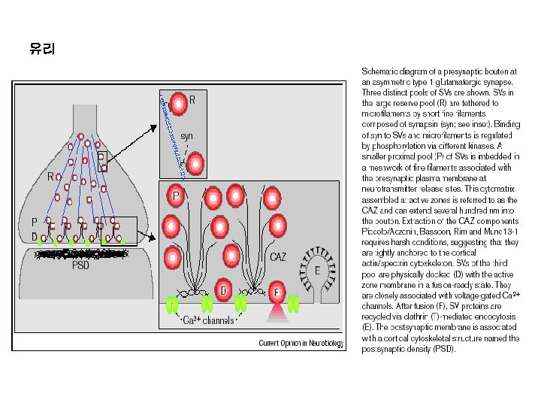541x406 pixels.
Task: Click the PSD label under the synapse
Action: point(80,265)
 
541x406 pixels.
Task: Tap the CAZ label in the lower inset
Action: point(278,257)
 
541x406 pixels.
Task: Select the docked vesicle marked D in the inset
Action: point(224,290)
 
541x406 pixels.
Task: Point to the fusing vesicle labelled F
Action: point(277,291)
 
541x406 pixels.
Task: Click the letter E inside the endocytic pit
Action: point(317,271)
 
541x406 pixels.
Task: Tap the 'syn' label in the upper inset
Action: point(187,136)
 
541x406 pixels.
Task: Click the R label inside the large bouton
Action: point(51,177)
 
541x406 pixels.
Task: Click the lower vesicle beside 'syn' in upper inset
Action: point(195,162)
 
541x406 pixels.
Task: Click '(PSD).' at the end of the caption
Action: point(440,349)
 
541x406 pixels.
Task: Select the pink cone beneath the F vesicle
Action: point(277,306)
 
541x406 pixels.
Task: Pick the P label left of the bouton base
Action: point(33,223)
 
